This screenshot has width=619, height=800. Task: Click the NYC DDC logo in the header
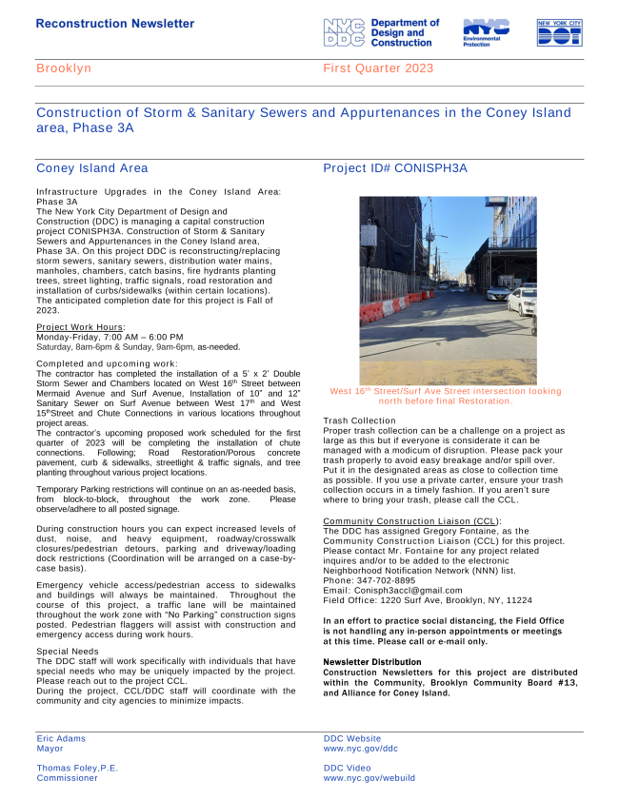[381, 32]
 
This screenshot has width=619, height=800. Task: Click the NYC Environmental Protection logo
[486, 32]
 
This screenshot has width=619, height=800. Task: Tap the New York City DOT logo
[559, 32]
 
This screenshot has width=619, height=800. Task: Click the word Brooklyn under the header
[64, 68]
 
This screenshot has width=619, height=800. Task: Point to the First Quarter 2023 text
[378, 68]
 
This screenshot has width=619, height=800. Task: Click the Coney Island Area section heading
[91, 168]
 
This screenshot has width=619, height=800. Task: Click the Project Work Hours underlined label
[80, 327]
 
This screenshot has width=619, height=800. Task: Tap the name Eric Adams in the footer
[61, 738]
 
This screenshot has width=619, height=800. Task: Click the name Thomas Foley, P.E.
[77, 768]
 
